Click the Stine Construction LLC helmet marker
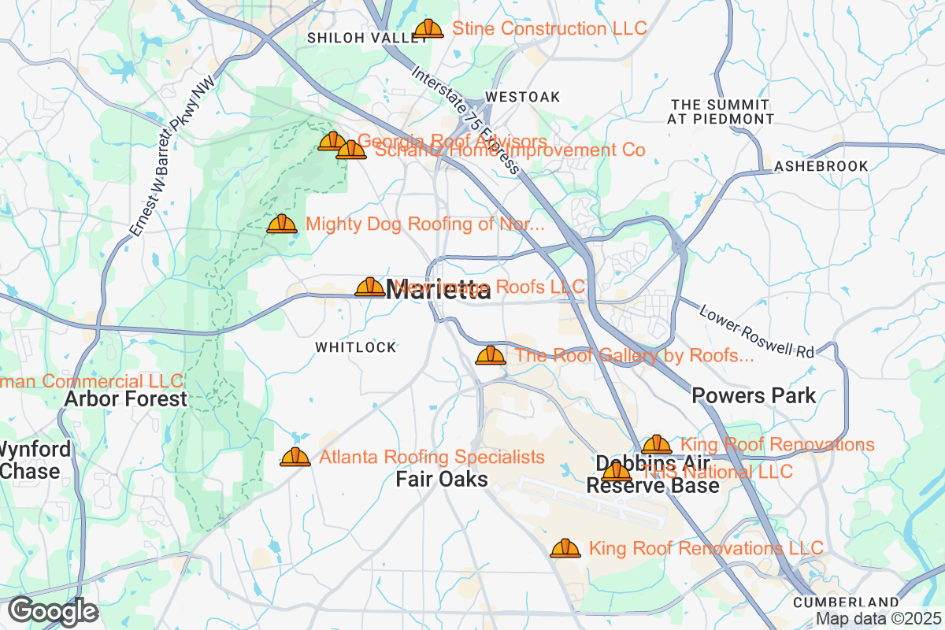428,29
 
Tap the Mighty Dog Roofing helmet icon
282,224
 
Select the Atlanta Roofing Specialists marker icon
295,457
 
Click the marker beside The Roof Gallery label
491,355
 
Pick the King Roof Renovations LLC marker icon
565,548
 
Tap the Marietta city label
439,290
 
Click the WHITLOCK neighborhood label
356,347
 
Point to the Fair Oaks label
442,479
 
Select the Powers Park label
754,395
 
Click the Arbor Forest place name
126,398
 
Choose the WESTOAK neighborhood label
523,97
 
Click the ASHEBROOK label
821,166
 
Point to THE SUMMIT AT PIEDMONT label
721,112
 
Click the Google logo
54,611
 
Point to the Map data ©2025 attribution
877,619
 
